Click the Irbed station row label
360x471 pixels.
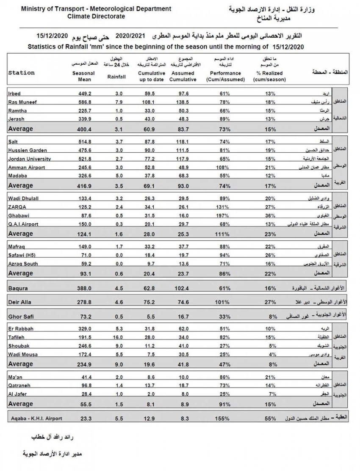pos(14,94)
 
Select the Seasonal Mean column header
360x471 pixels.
pos(83,76)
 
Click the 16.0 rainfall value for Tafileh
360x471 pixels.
pos(119,337)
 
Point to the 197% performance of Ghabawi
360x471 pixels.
pos(223,216)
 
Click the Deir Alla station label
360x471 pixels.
pos(20,302)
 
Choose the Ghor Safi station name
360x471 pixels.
pos(20,316)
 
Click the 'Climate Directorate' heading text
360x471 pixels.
pos(96,16)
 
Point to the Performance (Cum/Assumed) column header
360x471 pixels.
pos(227,76)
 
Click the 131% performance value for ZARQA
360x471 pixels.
pos(223,207)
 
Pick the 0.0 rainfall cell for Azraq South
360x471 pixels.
pos(119,264)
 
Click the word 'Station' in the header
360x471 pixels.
pos(21,73)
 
